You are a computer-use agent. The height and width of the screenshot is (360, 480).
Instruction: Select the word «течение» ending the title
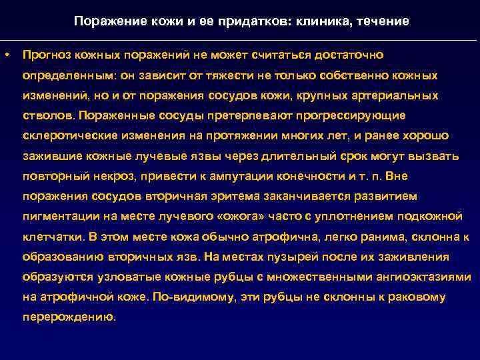pos(383,21)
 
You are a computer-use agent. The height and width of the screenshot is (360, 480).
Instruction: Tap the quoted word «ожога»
pos(269,217)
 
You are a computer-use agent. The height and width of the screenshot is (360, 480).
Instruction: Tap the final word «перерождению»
pos(69,318)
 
